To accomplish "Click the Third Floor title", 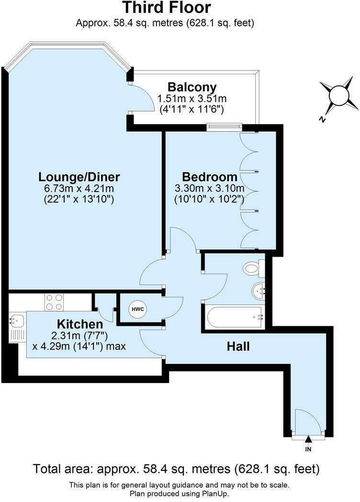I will [x=166, y=8].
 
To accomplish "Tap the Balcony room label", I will [x=191, y=88].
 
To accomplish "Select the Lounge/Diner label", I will [x=79, y=177].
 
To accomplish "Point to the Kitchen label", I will [x=80, y=324].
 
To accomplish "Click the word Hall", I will [x=238, y=346].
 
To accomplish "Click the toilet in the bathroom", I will [x=251, y=268].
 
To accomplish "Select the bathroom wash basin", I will [x=259, y=290].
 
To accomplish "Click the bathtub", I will [x=234, y=317].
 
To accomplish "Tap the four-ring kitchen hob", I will [x=54, y=302].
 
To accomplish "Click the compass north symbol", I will [x=339, y=95].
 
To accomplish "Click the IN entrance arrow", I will [x=308, y=438].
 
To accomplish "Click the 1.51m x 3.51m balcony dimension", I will [x=191, y=99].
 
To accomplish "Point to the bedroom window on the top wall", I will [x=224, y=127].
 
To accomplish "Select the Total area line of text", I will [x=176, y=468].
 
